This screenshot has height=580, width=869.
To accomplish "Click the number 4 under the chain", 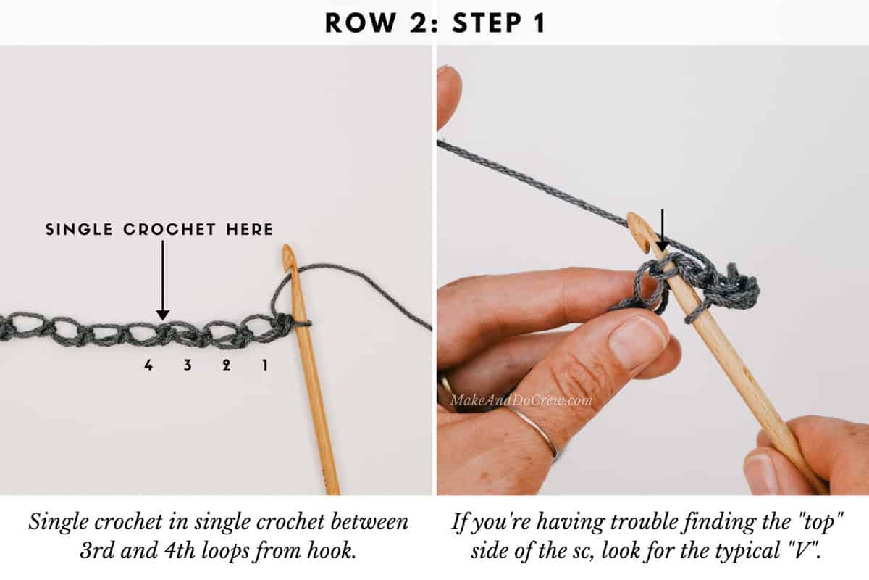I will (x=148, y=366).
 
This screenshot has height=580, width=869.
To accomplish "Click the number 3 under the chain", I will (x=188, y=366).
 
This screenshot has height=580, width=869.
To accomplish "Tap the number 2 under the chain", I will (x=226, y=366).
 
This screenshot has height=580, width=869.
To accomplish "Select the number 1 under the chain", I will (x=264, y=366).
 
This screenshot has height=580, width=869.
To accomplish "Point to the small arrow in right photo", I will (x=662, y=231).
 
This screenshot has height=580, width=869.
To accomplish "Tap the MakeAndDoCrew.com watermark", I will (x=520, y=400).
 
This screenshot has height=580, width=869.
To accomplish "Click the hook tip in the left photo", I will (x=289, y=254).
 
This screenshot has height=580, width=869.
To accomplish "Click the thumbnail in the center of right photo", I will (x=637, y=341).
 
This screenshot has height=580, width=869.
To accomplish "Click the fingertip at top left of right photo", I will (x=448, y=94).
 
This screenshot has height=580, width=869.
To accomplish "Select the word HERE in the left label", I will (x=248, y=230).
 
